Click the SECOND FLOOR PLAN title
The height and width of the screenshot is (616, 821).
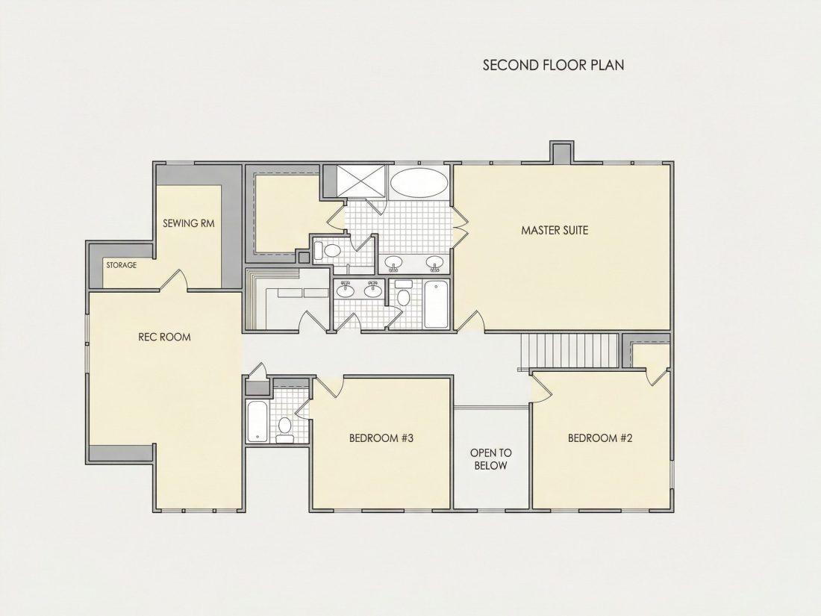click(554, 65)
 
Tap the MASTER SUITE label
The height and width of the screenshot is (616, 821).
click(555, 230)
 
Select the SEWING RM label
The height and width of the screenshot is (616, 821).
click(189, 223)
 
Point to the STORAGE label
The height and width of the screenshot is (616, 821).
click(122, 265)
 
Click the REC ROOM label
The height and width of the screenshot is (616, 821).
click(164, 337)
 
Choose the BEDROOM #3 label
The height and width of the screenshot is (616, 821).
click(381, 438)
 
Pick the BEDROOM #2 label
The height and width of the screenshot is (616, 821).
click(600, 438)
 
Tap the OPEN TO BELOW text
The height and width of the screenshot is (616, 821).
click(490, 459)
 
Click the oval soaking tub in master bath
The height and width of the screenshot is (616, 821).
click(419, 182)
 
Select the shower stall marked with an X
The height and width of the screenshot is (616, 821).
click(360, 181)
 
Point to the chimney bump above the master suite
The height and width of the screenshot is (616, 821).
click(561, 152)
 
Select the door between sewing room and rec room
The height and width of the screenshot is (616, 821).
click(173, 280)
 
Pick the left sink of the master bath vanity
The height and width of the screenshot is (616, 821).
click(393, 262)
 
